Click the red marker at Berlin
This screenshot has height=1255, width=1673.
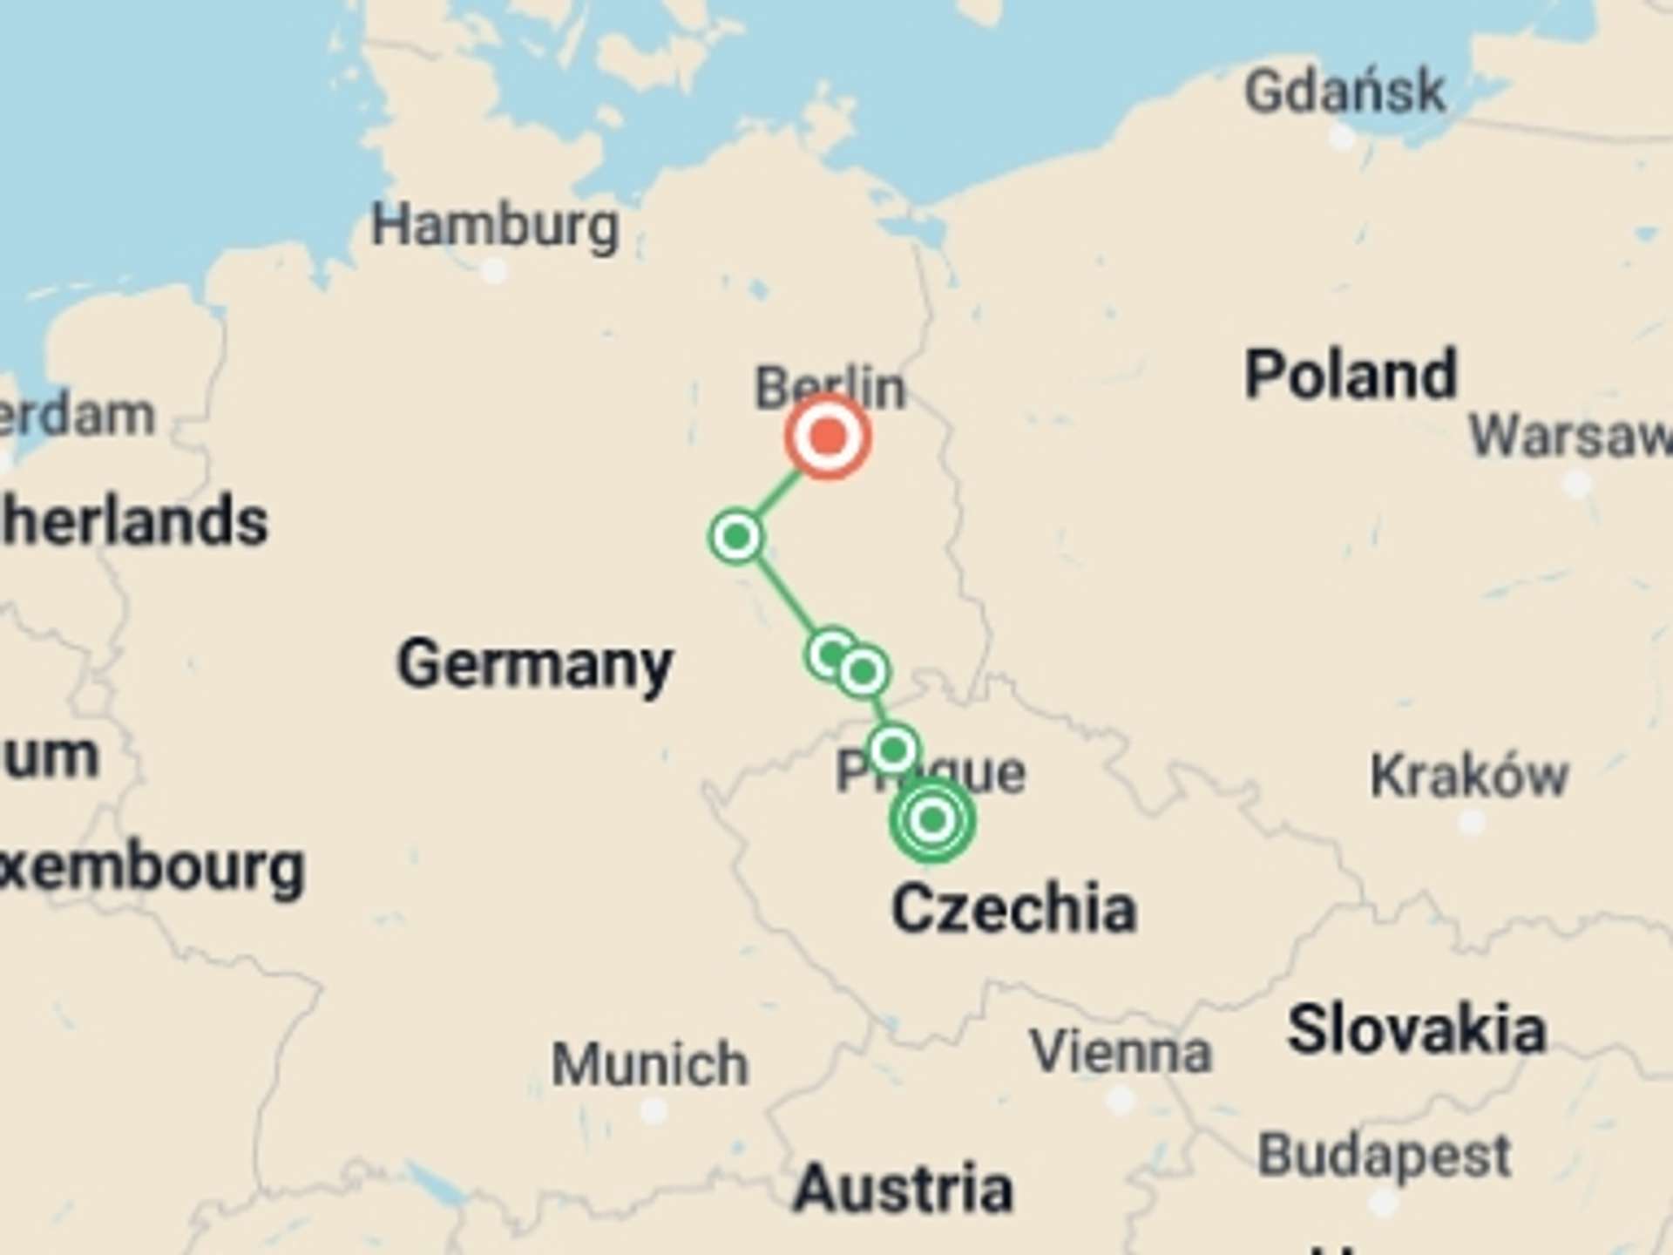(827, 436)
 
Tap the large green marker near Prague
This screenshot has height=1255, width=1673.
(932, 819)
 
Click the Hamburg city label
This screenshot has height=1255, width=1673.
(495, 226)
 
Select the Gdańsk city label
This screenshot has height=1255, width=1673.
(1344, 92)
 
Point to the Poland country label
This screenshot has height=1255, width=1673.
(1351, 375)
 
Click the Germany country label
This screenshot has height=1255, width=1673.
(535, 665)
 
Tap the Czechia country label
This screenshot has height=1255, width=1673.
(1013, 908)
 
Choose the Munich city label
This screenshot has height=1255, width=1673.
(650, 1064)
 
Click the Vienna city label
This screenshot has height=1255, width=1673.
(1121, 1052)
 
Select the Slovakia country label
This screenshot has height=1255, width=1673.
(1417, 1029)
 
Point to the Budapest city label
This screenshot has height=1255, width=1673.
(1384, 1156)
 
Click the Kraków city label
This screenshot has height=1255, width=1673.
(1469, 775)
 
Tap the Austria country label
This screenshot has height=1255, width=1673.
(904, 1189)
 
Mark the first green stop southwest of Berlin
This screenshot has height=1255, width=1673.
(737, 536)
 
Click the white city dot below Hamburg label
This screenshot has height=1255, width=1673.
(494, 271)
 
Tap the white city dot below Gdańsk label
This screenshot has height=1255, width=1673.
(1342, 137)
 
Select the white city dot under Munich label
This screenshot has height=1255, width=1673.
(653, 1111)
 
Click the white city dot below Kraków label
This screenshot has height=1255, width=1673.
(1472, 822)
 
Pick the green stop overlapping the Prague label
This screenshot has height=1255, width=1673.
(893, 749)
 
